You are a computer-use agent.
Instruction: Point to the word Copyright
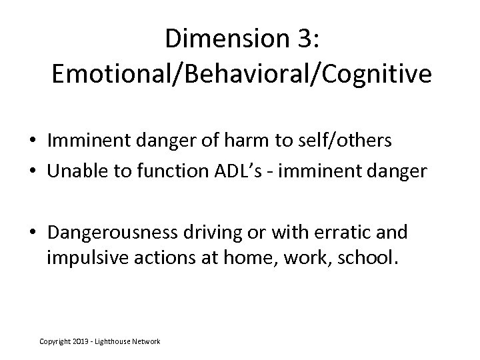click(x=53, y=341)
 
